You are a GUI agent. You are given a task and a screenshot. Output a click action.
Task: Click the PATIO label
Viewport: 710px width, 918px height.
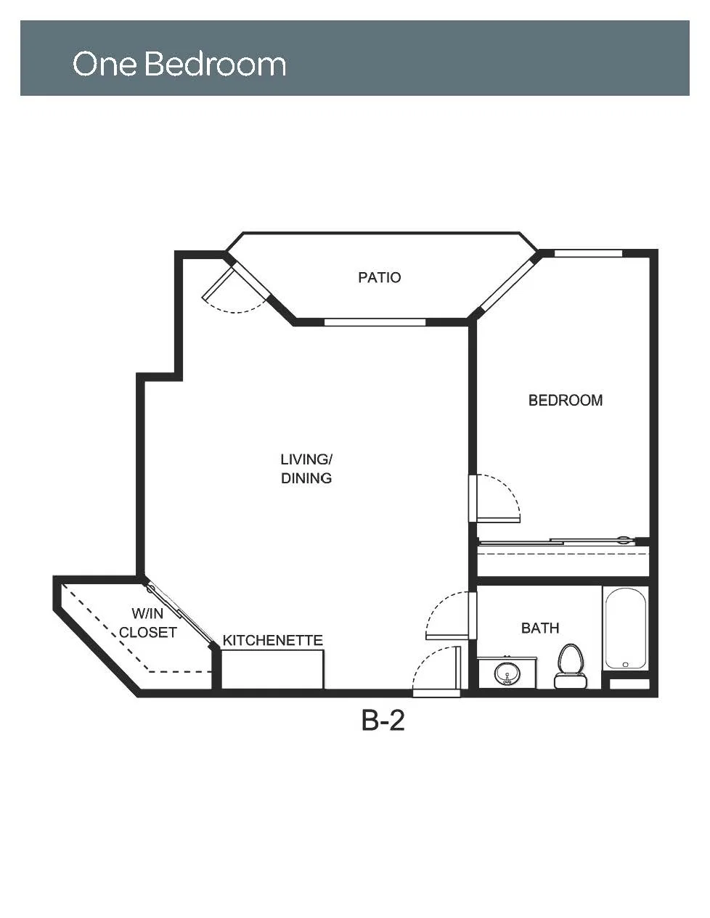pyautogui.click(x=379, y=277)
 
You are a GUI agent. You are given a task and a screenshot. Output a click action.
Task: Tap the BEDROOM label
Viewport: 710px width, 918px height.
pyautogui.click(x=566, y=401)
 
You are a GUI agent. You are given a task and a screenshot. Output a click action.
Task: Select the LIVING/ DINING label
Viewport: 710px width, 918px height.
pyautogui.click(x=306, y=469)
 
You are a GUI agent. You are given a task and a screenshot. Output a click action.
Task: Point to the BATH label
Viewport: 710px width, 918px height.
pyautogui.click(x=540, y=628)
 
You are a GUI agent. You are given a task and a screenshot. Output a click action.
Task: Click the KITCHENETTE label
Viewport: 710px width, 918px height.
pyautogui.click(x=272, y=641)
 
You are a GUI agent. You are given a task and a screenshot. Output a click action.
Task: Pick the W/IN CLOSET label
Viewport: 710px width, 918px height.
pyautogui.click(x=148, y=623)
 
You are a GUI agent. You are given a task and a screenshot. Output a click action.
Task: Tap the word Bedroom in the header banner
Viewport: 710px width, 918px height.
pyautogui.click(x=216, y=64)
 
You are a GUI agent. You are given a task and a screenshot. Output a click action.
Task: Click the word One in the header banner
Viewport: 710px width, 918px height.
pyautogui.click(x=105, y=64)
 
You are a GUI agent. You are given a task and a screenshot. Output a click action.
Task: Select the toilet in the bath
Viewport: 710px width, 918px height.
pyautogui.click(x=571, y=666)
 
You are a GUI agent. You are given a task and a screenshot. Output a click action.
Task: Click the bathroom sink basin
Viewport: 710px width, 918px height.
pyautogui.click(x=507, y=673)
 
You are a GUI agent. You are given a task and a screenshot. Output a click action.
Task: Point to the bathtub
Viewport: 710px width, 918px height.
pyautogui.click(x=626, y=628)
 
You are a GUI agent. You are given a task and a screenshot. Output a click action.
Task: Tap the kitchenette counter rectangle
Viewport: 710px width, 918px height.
pyautogui.click(x=272, y=670)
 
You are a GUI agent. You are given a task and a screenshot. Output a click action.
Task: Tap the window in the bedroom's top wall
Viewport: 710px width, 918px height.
pyautogui.click(x=588, y=253)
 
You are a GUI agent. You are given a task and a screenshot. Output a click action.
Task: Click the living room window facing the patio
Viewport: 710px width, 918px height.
pyautogui.click(x=375, y=322)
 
